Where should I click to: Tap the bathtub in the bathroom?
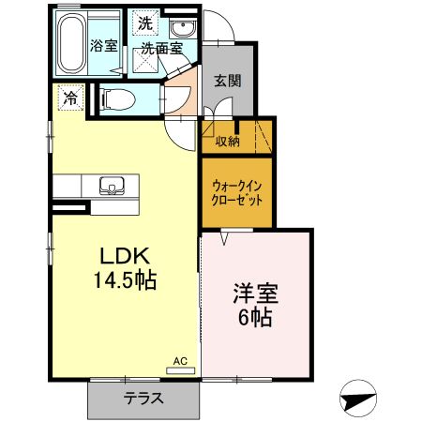(x=70, y=44)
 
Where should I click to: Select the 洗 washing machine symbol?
(x=144, y=22)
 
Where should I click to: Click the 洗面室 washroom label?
(x=160, y=48)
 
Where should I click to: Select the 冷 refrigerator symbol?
(x=68, y=96)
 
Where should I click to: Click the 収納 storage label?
(x=227, y=142)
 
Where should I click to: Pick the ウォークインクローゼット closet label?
(x=235, y=191)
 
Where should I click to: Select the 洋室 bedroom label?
(x=253, y=294)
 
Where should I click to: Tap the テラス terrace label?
(x=143, y=398)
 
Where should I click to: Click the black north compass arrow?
(x=358, y=399)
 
